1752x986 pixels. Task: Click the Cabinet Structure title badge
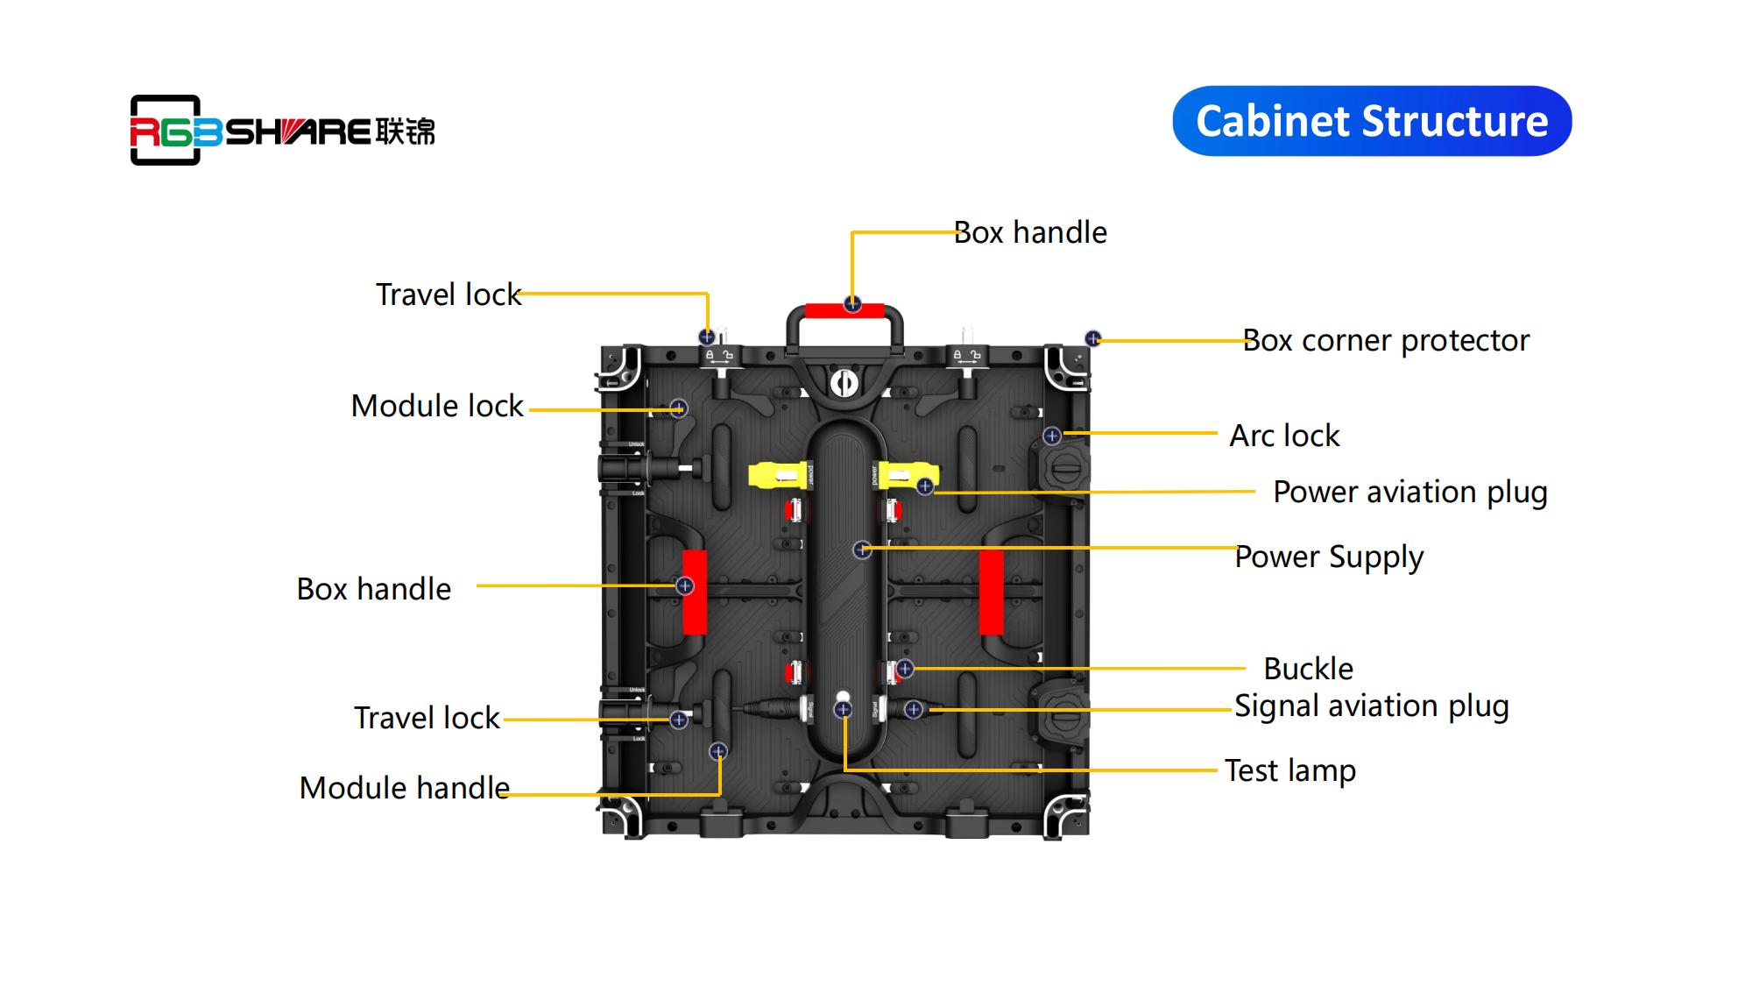(1372, 121)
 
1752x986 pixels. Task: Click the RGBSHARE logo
(282, 131)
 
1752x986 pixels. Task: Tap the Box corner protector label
(1386, 340)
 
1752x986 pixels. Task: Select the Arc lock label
(1284, 436)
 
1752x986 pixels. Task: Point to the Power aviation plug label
(1409, 493)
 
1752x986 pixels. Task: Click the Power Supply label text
(1329, 557)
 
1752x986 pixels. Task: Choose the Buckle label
(1308, 669)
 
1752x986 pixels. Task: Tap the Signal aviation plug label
(1371, 706)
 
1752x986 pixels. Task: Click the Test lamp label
(1290, 770)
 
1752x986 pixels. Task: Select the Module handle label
(404, 788)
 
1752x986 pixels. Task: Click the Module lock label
(437, 406)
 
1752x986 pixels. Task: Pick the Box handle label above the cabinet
(1030, 232)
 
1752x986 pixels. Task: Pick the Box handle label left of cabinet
(374, 589)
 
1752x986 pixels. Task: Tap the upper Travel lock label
(449, 294)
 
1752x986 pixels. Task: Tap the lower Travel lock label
(427, 718)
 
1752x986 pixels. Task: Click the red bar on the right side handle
(991, 592)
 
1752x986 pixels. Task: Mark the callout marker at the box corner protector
(1092, 338)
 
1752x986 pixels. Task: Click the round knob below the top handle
(844, 383)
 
